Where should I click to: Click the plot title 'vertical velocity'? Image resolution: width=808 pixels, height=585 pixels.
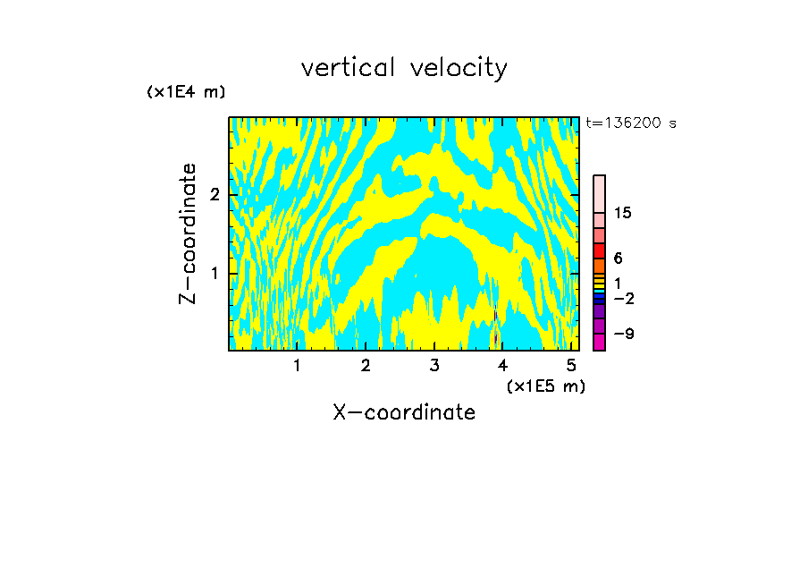pos(404,68)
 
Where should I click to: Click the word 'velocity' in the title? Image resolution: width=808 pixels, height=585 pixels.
pos(459,68)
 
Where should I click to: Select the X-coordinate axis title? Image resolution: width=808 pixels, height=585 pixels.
pos(404,412)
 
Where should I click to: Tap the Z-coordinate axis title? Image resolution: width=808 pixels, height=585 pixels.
pos(188,233)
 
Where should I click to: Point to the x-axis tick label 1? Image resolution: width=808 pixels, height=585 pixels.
pos(297,365)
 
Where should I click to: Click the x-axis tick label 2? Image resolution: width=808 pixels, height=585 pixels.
pos(366,365)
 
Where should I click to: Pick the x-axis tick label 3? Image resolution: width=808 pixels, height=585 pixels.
pos(434,365)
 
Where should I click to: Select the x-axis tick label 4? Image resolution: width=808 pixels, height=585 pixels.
pos(503,365)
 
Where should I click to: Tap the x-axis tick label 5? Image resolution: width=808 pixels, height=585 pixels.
pos(571,365)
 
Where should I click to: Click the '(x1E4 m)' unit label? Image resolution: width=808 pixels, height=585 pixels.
pos(186,92)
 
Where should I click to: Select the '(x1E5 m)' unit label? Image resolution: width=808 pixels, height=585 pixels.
pos(545,386)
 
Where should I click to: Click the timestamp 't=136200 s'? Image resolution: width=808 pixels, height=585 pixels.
pos(631,123)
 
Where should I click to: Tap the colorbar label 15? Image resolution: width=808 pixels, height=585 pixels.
pos(623,213)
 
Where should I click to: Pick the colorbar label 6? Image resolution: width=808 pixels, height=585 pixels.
pos(618,259)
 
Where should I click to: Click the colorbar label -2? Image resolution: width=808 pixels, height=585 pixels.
pos(623,299)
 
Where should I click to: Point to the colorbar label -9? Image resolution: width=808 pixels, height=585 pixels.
pos(623,334)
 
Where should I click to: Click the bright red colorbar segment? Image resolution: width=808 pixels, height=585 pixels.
pos(599,250)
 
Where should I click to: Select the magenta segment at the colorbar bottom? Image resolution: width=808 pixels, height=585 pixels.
pos(599,342)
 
